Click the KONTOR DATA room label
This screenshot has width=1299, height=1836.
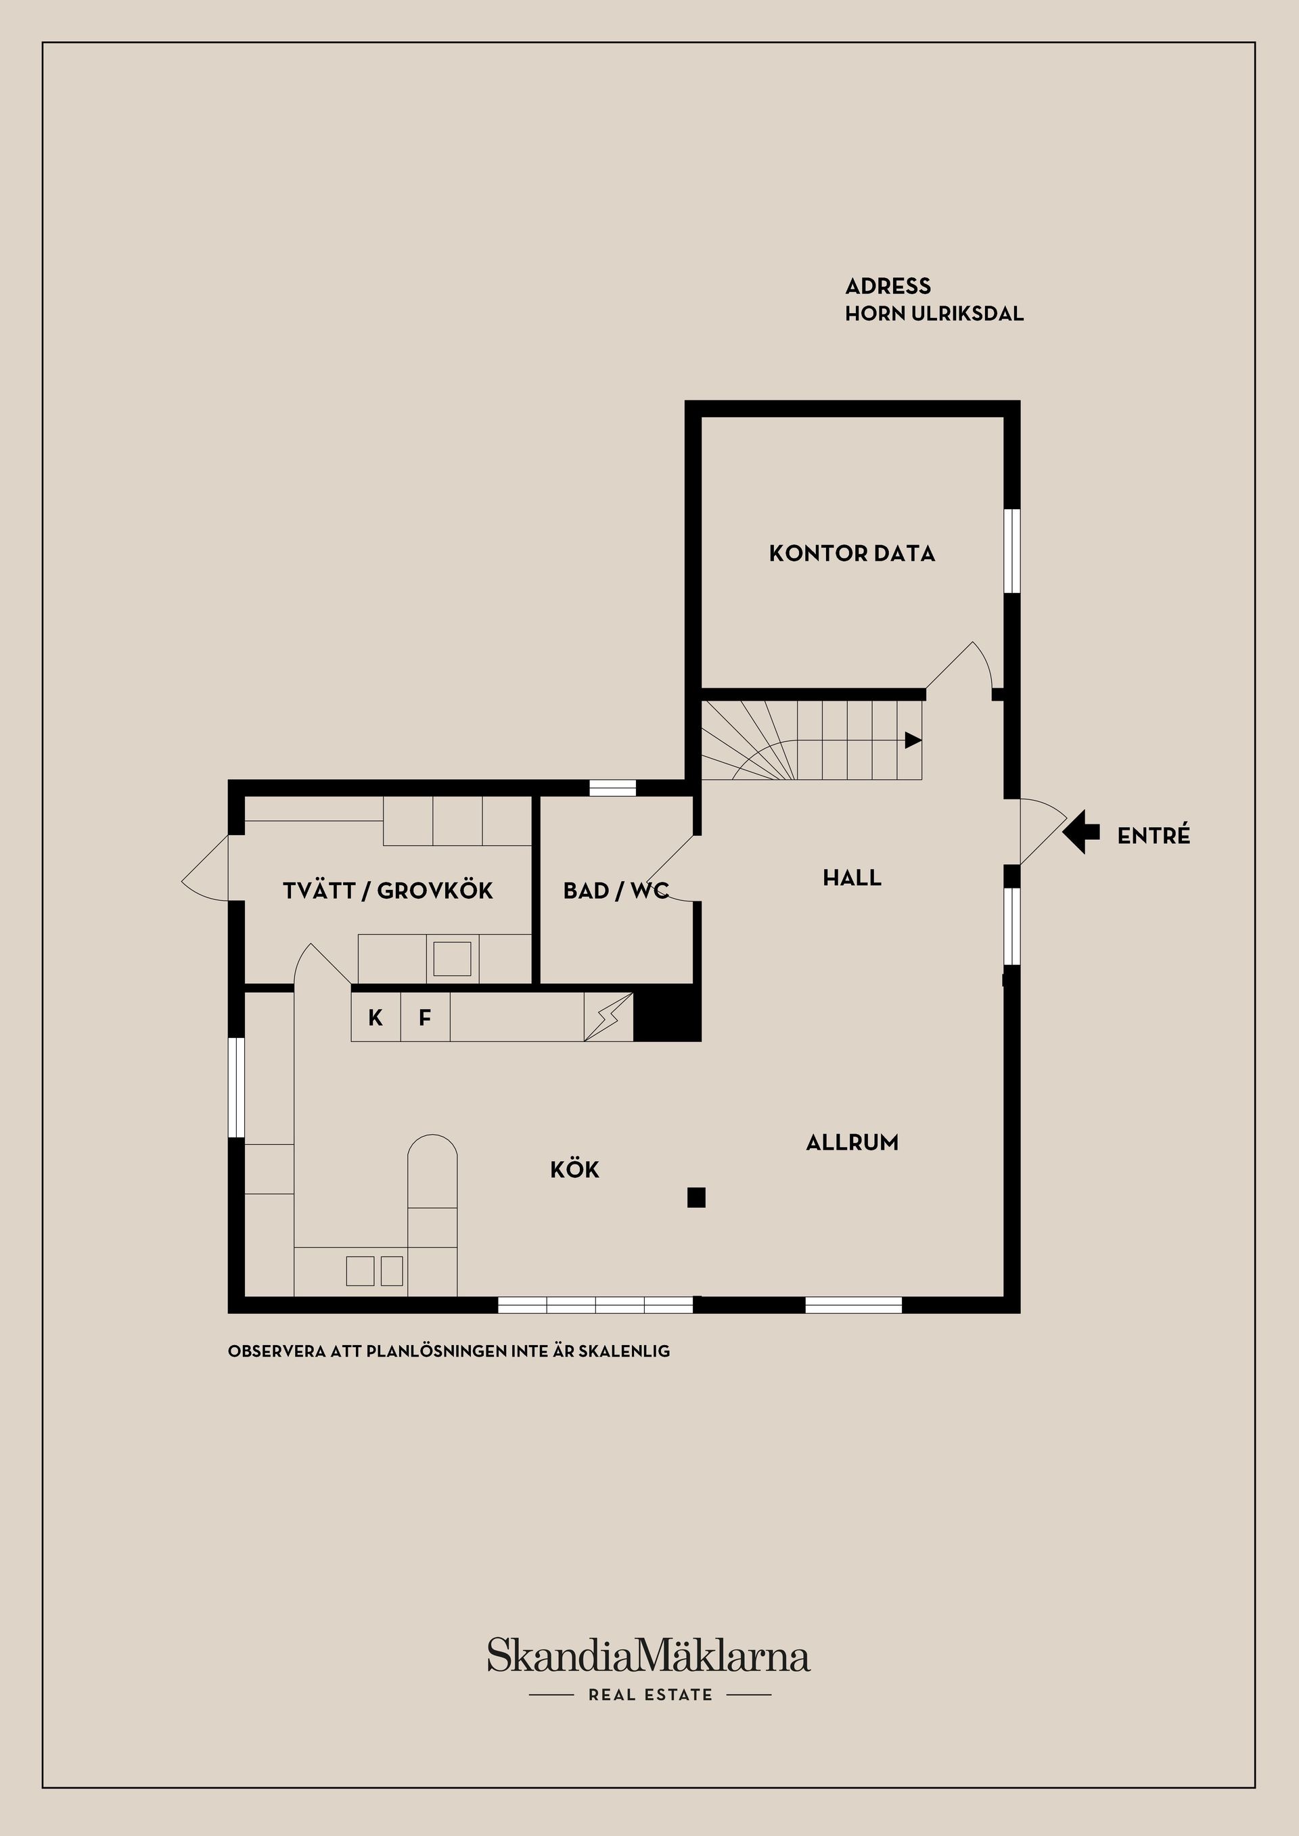pyautogui.click(x=851, y=553)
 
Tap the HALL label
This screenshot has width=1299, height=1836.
pyautogui.click(x=852, y=878)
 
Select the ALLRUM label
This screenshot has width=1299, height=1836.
pyautogui.click(x=852, y=1143)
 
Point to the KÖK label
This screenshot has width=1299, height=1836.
pyautogui.click(x=574, y=1170)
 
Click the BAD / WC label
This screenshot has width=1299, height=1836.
pyautogui.click(x=615, y=891)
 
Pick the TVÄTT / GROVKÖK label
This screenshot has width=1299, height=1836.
pyautogui.click(x=388, y=891)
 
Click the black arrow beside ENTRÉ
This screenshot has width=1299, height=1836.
pyautogui.click(x=1080, y=832)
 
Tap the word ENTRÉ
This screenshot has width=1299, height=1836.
pyautogui.click(x=1154, y=837)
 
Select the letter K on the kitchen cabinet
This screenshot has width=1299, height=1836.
pyautogui.click(x=375, y=1018)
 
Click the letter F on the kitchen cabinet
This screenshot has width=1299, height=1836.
pyautogui.click(x=425, y=1018)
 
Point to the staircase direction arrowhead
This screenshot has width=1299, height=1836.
pyautogui.click(x=912, y=740)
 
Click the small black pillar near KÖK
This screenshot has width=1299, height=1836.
pyautogui.click(x=696, y=1197)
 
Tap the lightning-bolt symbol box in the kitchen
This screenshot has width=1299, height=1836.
pyautogui.click(x=608, y=1017)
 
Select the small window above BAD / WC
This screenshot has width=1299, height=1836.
pyautogui.click(x=612, y=788)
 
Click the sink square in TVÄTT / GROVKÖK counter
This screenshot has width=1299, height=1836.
pyautogui.click(x=452, y=959)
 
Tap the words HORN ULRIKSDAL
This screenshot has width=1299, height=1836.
pyautogui.click(x=934, y=314)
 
